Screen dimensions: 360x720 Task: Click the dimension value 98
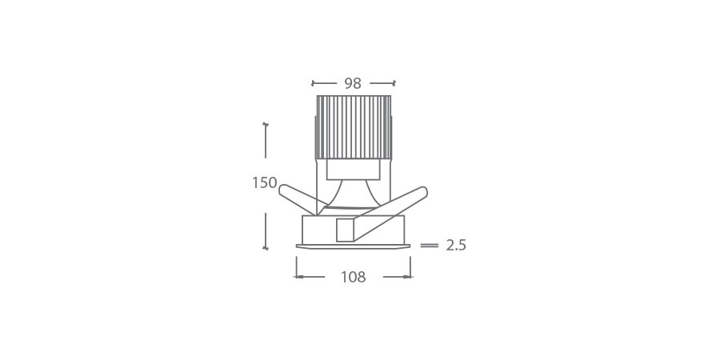(x=353, y=83)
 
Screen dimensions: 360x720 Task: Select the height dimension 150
(x=264, y=183)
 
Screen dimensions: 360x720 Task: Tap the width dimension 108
(x=353, y=278)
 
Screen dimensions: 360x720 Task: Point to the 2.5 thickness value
(x=456, y=246)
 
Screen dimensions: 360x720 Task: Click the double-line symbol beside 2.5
(x=429, y=246)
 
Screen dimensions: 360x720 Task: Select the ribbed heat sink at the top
(x=354, y=126)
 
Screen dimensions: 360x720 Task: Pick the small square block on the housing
(x=346, y=230)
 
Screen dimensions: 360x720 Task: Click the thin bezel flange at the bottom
(x=354, y=245)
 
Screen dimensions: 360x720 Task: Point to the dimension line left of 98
(x=324, y=82)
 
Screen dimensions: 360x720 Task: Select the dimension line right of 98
(x=382, y=82)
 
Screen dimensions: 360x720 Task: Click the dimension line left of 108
(x=310, y=277)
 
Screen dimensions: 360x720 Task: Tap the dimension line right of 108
(x=398, y=277)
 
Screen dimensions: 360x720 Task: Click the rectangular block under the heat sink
(x=353, y=169)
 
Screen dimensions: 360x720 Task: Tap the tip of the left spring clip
(x=283, y=189)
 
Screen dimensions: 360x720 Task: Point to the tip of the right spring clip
(x=423, y=191)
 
